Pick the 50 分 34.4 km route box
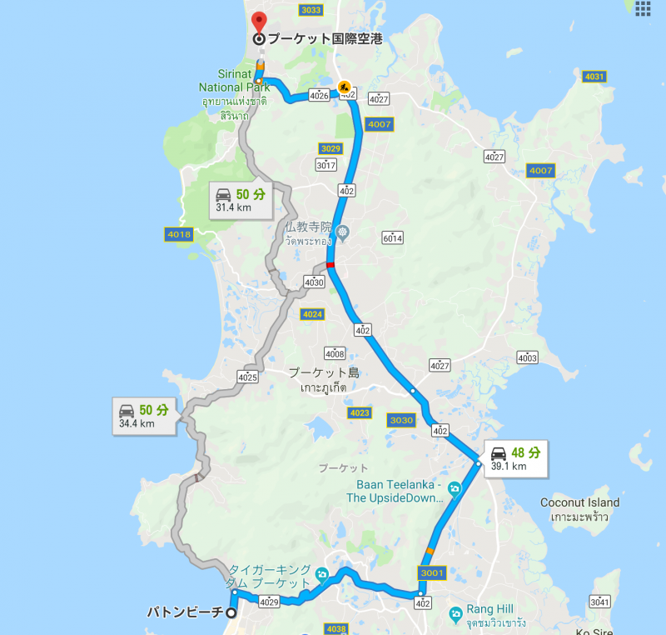(145, 416)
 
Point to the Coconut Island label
(579, 502)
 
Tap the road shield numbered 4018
(179, 235)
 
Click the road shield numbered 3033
(311, 10)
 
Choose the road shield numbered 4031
(594, 77)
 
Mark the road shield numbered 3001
(433, 572)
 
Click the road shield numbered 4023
(360, 413)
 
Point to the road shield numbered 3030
(401, 421)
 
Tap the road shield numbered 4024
(312, 314)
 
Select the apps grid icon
(643, 8)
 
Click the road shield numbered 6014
(392, 237)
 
